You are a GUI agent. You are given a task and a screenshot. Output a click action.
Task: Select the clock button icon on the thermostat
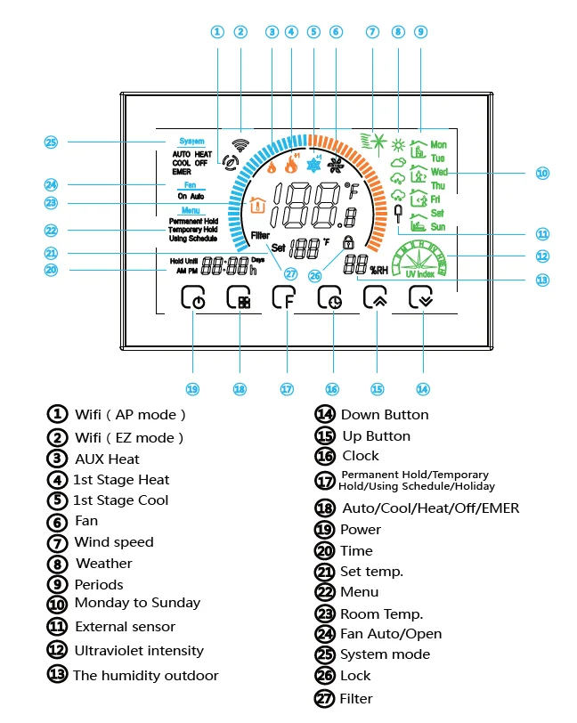pyautogui.click(x=331, y=299)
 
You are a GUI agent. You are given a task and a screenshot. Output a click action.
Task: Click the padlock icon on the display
pyautogui.click(x=347, y=241)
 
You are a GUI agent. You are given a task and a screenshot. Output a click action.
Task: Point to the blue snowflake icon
pyautogui.click(x=313, y=166)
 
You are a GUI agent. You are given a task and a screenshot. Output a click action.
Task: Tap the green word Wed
pyautogui.click(x=439, y=172)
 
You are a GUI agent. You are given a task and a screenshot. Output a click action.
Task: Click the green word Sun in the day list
pyautogui.click(x=437, y=227)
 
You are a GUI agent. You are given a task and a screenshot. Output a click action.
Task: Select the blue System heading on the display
pyautogui.click(x=191, y=142)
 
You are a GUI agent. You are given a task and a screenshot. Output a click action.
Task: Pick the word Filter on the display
pyautogui.click(x=260, y=236)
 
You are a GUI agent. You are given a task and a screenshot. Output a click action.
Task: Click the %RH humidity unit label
pyautogui.click(x=379, y=269)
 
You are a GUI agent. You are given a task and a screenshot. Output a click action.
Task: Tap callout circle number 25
pyautogui.click(x=51, y=142)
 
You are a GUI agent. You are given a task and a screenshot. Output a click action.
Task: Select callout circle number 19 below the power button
pyautogui.click(x=193, y=388)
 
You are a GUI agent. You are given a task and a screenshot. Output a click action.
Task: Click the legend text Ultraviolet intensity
pyautogui.click(x=138, y=651)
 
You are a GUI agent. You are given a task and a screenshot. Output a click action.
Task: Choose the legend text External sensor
pyautogui.click(x=125, y=627)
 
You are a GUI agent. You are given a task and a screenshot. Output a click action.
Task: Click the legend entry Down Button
pyautogui.click(x=385, y=415)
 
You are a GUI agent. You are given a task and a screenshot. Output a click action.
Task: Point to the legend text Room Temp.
pyautogui.click(x=381, y=614)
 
